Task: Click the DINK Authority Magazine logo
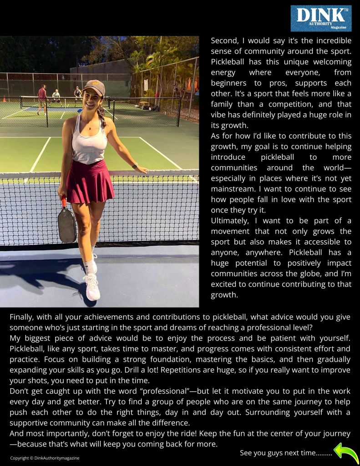[x=321, y=18]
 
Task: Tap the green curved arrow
[x=346, y=453]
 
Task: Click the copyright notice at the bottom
[x=45, y=458]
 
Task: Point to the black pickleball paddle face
[x=67, y=225]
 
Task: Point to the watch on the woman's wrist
[x=135, y=165]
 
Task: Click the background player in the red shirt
[x=42, y=97]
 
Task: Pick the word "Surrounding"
[x=278, y=412]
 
